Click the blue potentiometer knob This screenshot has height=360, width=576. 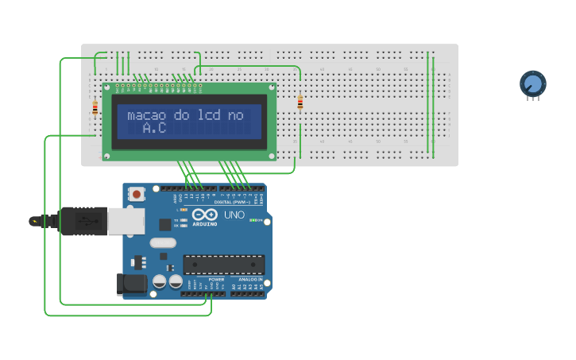coord(533,83)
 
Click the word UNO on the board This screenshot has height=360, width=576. coord(234,215)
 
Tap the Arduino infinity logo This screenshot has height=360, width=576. coord(205,215)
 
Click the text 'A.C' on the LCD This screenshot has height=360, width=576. coord(154,128)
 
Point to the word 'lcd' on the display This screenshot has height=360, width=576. coord(207,115)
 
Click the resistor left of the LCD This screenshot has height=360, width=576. coord(95,107)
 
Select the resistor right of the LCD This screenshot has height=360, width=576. coord(300,102)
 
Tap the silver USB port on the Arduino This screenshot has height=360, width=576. coord(126,221)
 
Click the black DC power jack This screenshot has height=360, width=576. coord(131,284)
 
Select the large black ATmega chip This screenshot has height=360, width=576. coord(223,264)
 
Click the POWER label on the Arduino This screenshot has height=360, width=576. coord(216,280)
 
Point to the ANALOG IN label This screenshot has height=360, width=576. coord(250,280)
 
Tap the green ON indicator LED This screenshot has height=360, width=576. coord(252,220)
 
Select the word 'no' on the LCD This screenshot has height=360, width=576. coord(235,115)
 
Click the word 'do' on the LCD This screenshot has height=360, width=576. coord(182,115)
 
